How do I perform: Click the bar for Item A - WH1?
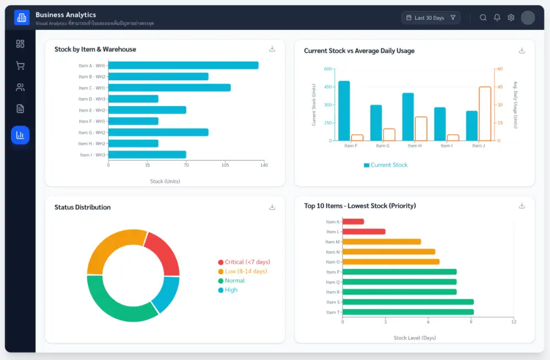coord(183,66)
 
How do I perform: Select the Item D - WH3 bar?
coord(133,99)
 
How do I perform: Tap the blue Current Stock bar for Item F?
coord(344,111)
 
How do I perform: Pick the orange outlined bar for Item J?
coord(485,113)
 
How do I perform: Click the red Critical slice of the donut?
coord(164,253)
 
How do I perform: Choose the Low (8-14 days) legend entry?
coord(243,271)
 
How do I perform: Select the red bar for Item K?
coord(353,222)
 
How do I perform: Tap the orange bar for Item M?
coord(382,242)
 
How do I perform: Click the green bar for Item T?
coord(408,312)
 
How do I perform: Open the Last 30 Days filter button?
coord(431,18)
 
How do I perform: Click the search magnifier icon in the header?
coord(483,18)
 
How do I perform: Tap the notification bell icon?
coord(497,18)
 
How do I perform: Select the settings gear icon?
coord(511,18)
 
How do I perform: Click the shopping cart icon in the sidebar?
coord(20,66)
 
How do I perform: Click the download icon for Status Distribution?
coord(272,207)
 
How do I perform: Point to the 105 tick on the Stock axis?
coord(225,165)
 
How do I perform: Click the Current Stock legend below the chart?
coord(386,165)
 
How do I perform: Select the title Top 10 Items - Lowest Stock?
coord(360,206)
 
